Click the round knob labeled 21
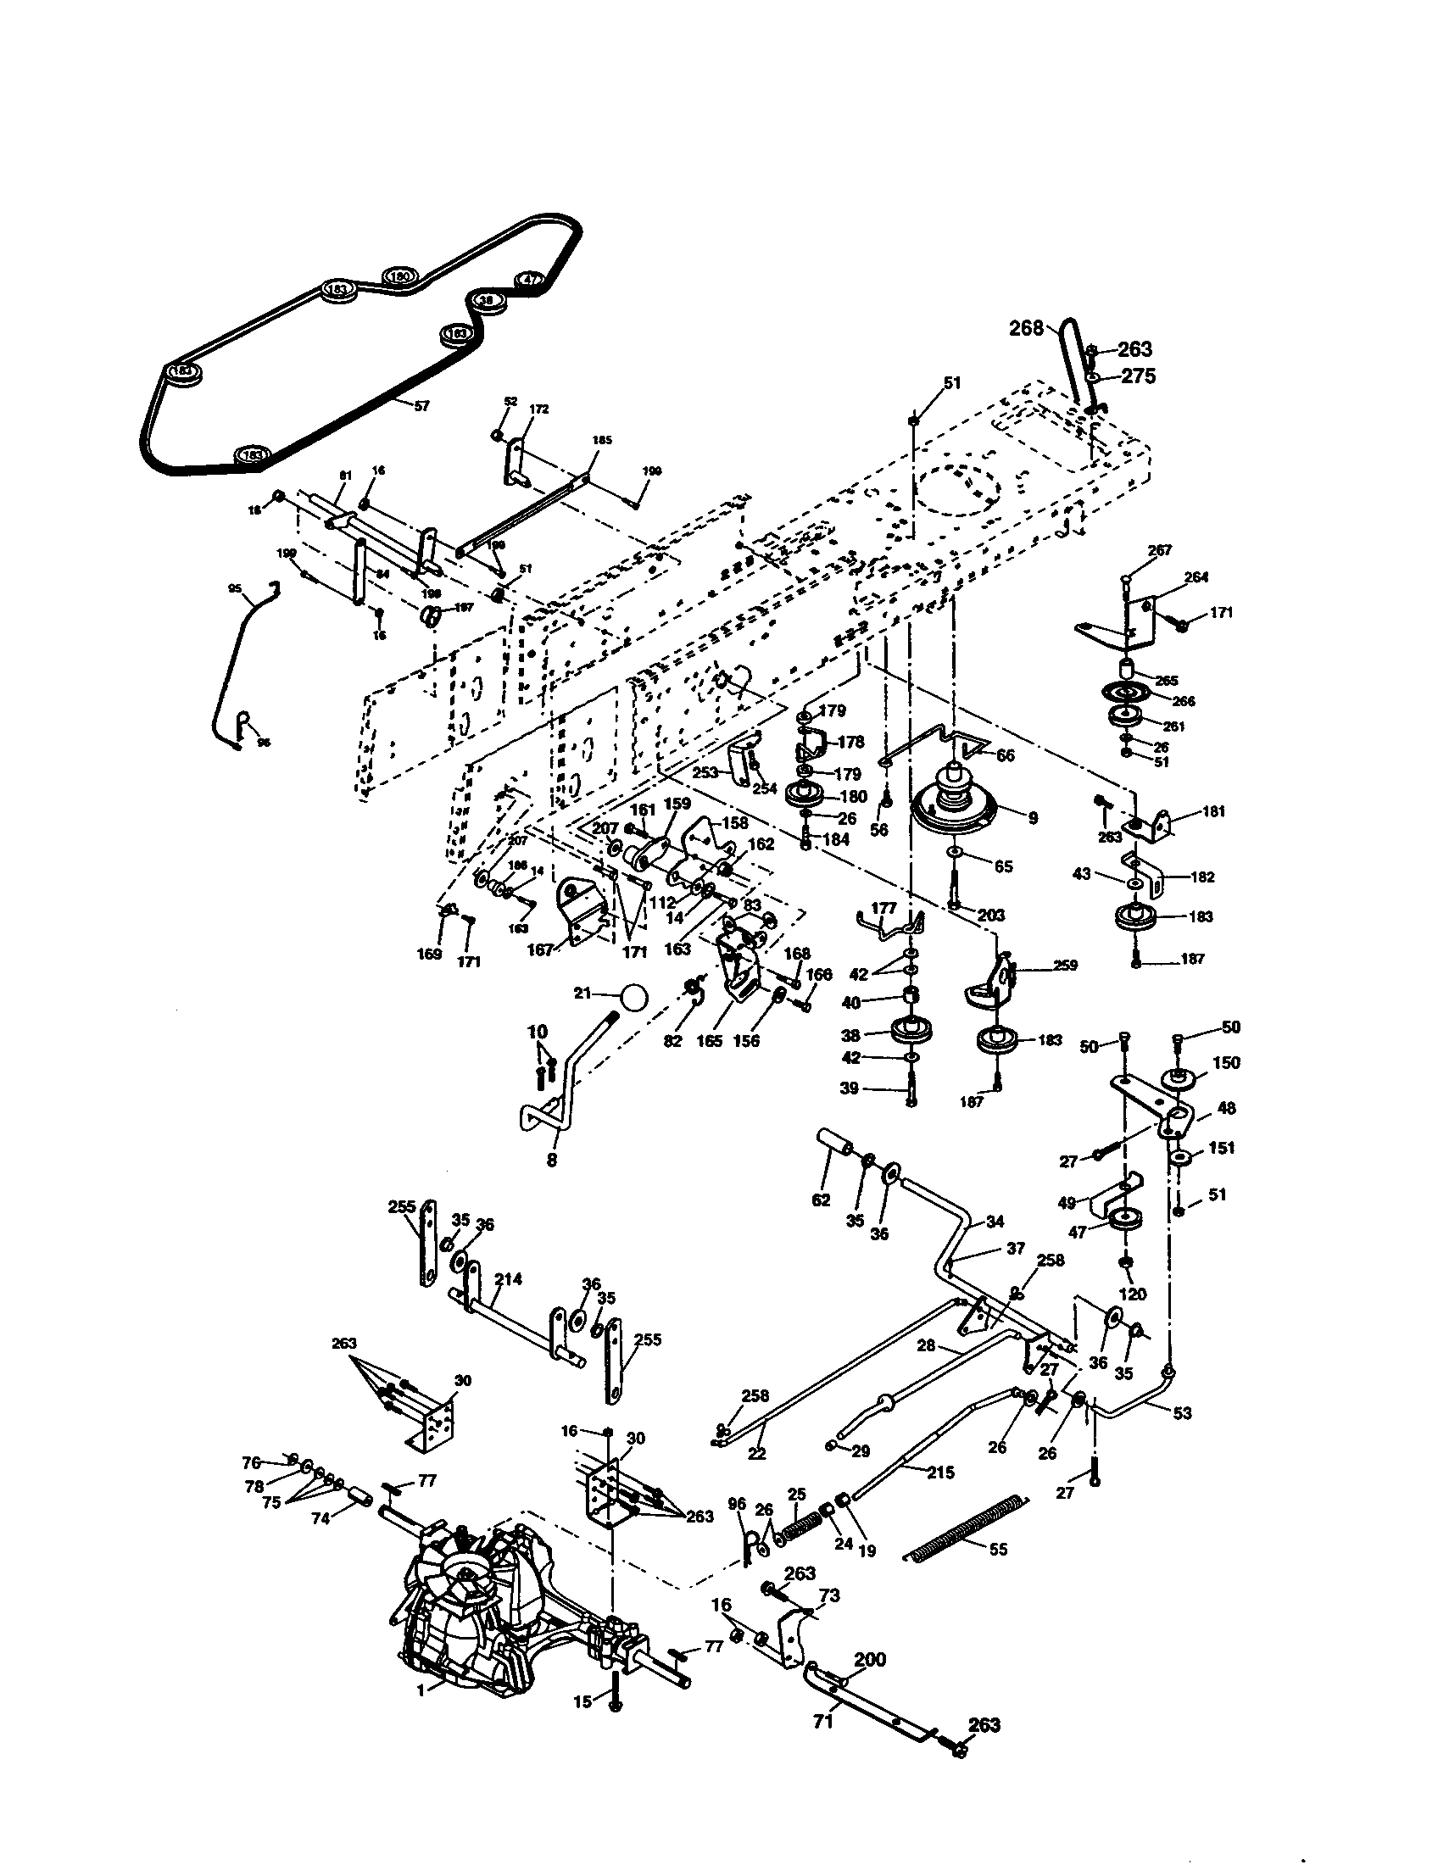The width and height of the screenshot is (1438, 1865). tap(633, 997)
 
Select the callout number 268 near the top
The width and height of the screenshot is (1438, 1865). tap(1027, 328)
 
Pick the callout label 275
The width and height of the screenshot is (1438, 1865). tap(1137, 376)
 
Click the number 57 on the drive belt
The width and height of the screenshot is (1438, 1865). tap(421, 406)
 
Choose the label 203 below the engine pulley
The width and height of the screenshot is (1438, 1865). tap(990, 916)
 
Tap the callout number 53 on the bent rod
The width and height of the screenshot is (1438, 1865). tap(1181, 1413)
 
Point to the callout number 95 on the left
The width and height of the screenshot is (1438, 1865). tap(235, 588)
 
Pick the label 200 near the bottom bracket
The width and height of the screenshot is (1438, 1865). tap(870, 1659)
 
